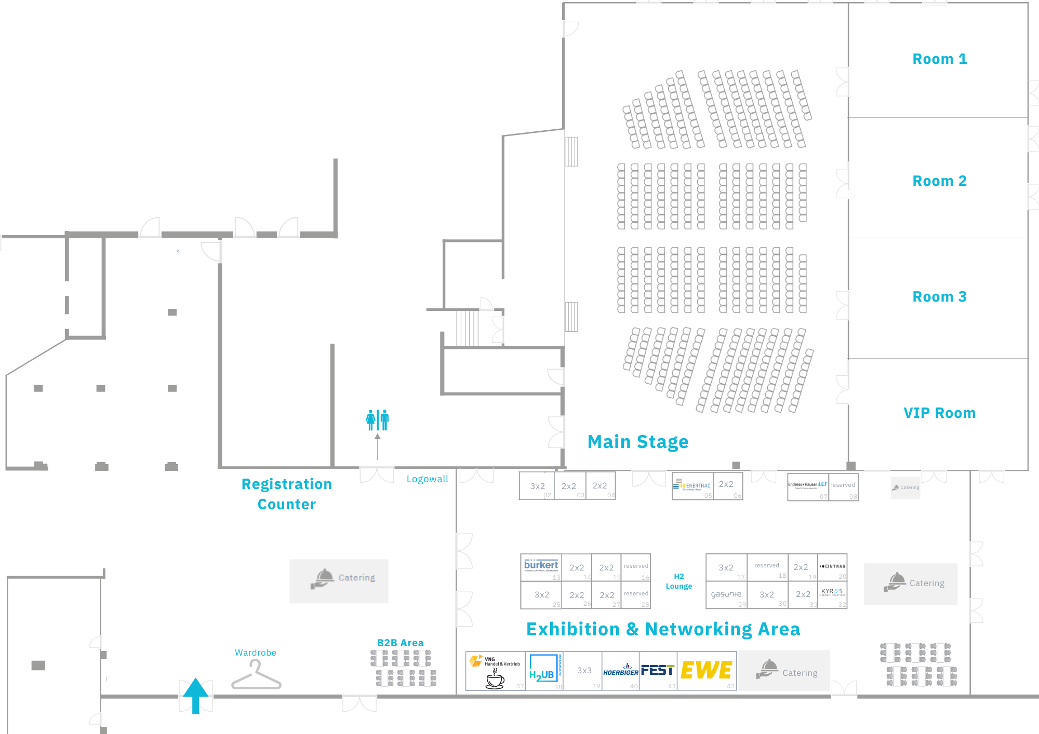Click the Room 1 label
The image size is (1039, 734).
(939, 59)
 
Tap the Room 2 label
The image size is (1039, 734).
(939, 181)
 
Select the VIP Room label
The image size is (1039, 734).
(939, 413)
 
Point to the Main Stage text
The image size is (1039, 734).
(638, 442)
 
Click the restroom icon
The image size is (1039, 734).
(377, 420)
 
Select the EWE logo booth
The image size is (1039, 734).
(707, 670)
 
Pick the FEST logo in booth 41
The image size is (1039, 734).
(658, 670)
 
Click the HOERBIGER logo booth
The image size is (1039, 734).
(621, 671)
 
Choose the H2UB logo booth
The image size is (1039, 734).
(543, 670)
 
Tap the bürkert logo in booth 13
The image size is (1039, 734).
(541, 566)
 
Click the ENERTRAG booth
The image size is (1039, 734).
(692, 486)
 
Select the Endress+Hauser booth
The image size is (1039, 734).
(807, 486)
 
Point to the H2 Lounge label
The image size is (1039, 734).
(679, 581)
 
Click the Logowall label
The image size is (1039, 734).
(427, 479)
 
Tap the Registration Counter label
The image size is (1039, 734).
(287, 494)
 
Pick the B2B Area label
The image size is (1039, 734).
(400, 643)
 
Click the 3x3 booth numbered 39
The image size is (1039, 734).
(584, 671)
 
